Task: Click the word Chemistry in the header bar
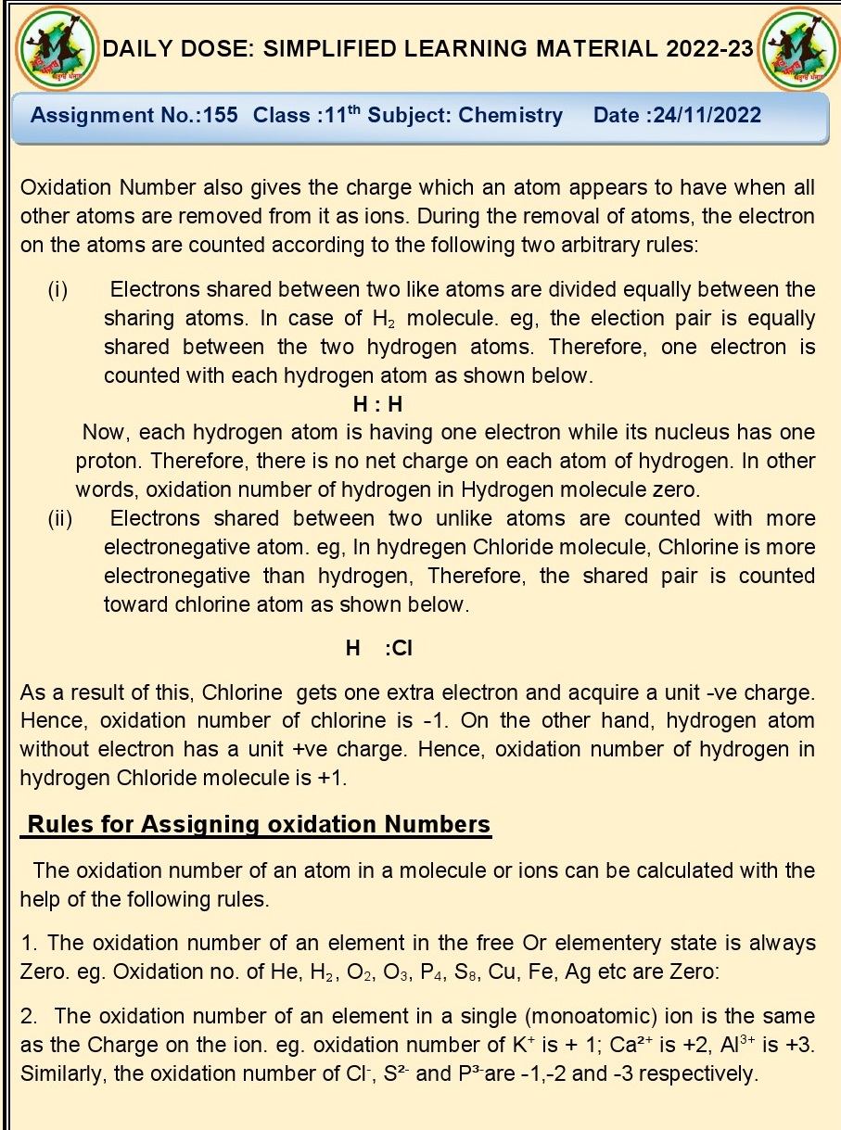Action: (510, 116)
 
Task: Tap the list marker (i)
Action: (57, 290)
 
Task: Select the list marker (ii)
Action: (60, 518)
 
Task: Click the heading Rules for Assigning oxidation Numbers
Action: (260, 824)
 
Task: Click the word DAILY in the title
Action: (138, 49)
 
